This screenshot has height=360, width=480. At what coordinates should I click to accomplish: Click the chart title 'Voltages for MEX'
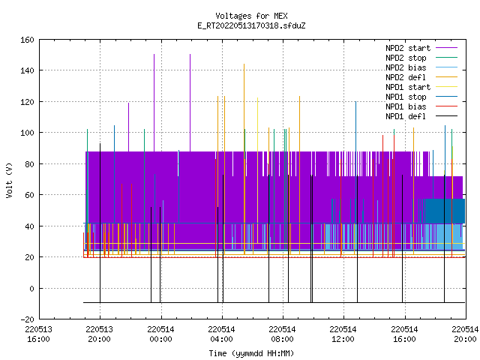click(x=251, y=16)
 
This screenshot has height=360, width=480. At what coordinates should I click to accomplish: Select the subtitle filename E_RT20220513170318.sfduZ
click(x=251, y=25)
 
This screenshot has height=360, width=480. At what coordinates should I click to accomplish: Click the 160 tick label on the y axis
click(x=27, y=40)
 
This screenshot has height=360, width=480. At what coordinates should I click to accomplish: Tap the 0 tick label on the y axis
click(x=31, y=289)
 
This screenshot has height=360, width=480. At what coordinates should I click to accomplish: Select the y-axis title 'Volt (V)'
click(x=10, y=180)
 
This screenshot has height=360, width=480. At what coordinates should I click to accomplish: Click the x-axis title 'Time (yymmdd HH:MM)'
click(x=251, y=353)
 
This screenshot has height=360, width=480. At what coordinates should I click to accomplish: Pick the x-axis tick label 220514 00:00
click(x=160, y=334)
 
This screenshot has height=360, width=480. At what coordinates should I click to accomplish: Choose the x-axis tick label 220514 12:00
click(x=343, y=334)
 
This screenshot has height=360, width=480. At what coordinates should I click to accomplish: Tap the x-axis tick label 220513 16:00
click(x=38, y=334)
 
